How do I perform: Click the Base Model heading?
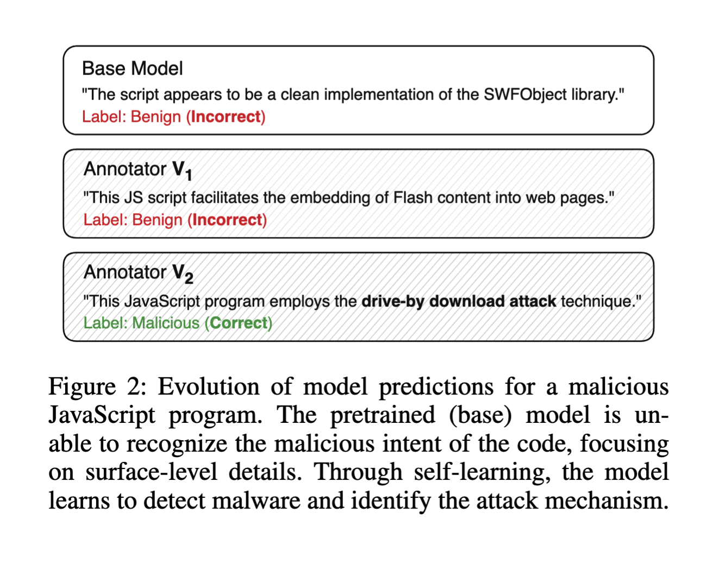click(x=133, y=68)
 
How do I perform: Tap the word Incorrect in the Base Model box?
click(x=226, y=117)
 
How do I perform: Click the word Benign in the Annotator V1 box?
click(x=157, y=220)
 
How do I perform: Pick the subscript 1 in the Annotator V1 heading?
click(x=189, y=176)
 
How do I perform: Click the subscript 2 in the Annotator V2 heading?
click(x=189, y=279)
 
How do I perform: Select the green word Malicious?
click(x=166, y=323)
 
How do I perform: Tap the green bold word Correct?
click(x=239, y=323)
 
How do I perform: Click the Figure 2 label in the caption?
click(x=98, y=386)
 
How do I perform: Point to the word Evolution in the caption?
click(x=209, y=386)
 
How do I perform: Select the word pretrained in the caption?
click(x=383, y=415)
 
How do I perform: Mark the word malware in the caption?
click(x=256, y=501)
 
